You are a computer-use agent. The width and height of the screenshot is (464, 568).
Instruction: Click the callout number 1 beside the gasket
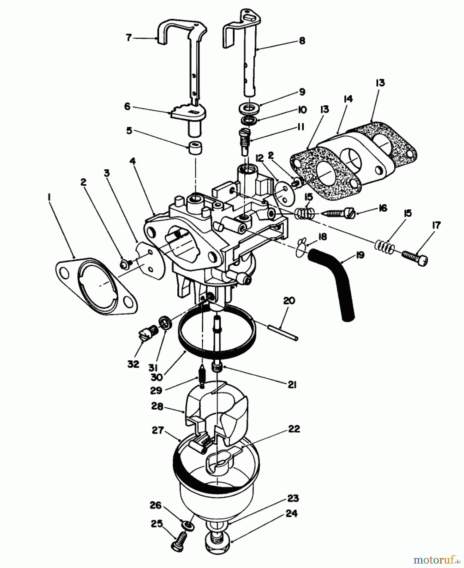tap(49, 197)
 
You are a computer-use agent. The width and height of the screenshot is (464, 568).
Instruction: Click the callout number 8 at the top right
tap(302, 41)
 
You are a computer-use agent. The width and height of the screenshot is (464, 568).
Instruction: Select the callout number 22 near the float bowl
tap(294, 429)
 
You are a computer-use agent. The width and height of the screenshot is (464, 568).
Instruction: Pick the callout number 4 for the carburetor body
tap(133, 161)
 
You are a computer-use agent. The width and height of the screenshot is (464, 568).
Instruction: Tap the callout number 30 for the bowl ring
tap(157, 377)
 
